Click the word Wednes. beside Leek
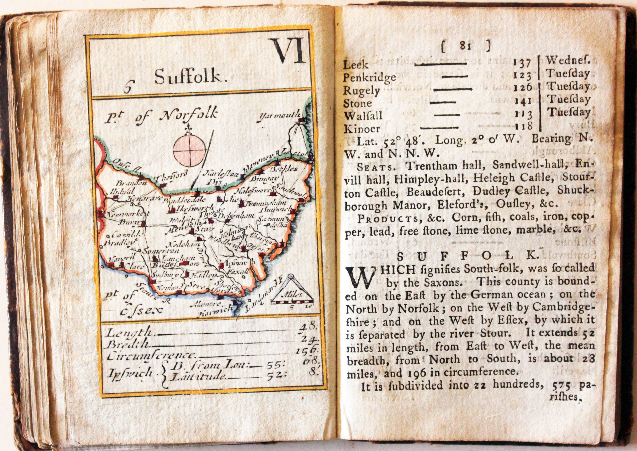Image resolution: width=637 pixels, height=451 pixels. coord(568,60)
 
